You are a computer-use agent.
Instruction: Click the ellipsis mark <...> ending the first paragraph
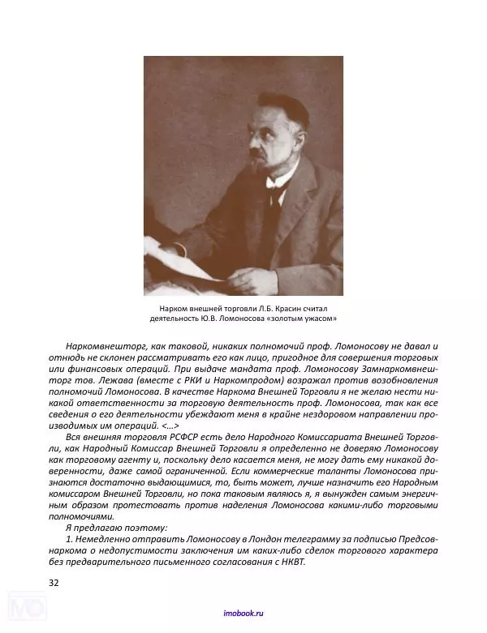pos(168,424)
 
